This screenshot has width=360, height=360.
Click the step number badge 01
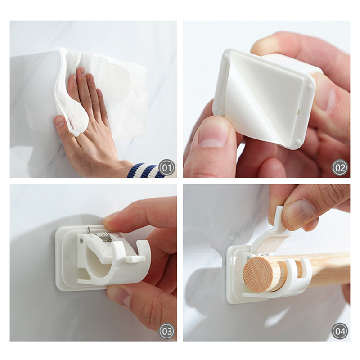(166, 168)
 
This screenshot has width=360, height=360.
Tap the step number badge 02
(340, 168)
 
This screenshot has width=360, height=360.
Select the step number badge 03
(166, 331)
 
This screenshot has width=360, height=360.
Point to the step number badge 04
(340, 331)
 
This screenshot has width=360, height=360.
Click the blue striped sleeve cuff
(145, 171)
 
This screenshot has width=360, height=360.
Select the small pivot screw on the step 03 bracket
(82, 241)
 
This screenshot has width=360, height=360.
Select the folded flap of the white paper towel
(69, 96)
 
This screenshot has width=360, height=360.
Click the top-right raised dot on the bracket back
(310, 87)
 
